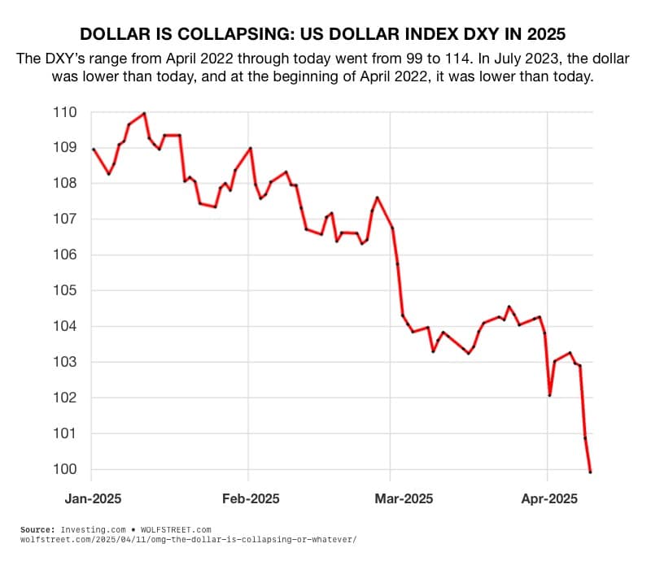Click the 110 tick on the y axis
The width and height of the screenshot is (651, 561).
click(x=64, y=112)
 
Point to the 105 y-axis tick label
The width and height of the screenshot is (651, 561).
click(x=64, y=291)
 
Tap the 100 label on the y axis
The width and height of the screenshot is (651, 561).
click(x=64, y=470)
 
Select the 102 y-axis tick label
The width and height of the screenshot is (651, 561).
click(x=64, y=398)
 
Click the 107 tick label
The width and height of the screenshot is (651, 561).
click(x=64, y=220)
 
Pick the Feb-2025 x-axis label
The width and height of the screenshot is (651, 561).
click(x=249, y=498)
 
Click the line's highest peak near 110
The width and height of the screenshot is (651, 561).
click(x=144, y=113)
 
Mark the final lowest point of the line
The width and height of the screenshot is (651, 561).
click(x=591, y=472)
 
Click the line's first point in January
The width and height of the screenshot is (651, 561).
click(x=94, y=149)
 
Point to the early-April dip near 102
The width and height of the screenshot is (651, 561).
click(x=550, y=395)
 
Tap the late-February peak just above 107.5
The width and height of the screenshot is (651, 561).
click(x=378, y=197)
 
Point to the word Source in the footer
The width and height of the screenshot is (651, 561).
click(x=37, y=529)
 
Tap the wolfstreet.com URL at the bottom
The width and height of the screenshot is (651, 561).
click(x=188, y=539)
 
